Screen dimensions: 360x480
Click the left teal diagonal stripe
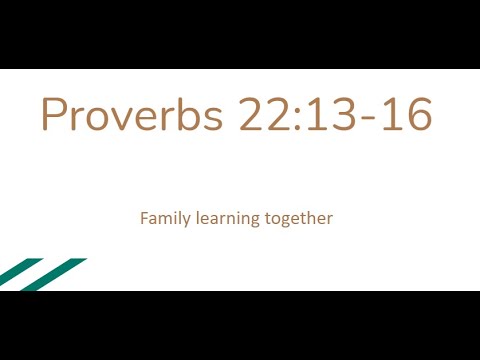[x=19, y=270]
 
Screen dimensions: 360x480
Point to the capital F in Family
[x=144, y=216]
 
